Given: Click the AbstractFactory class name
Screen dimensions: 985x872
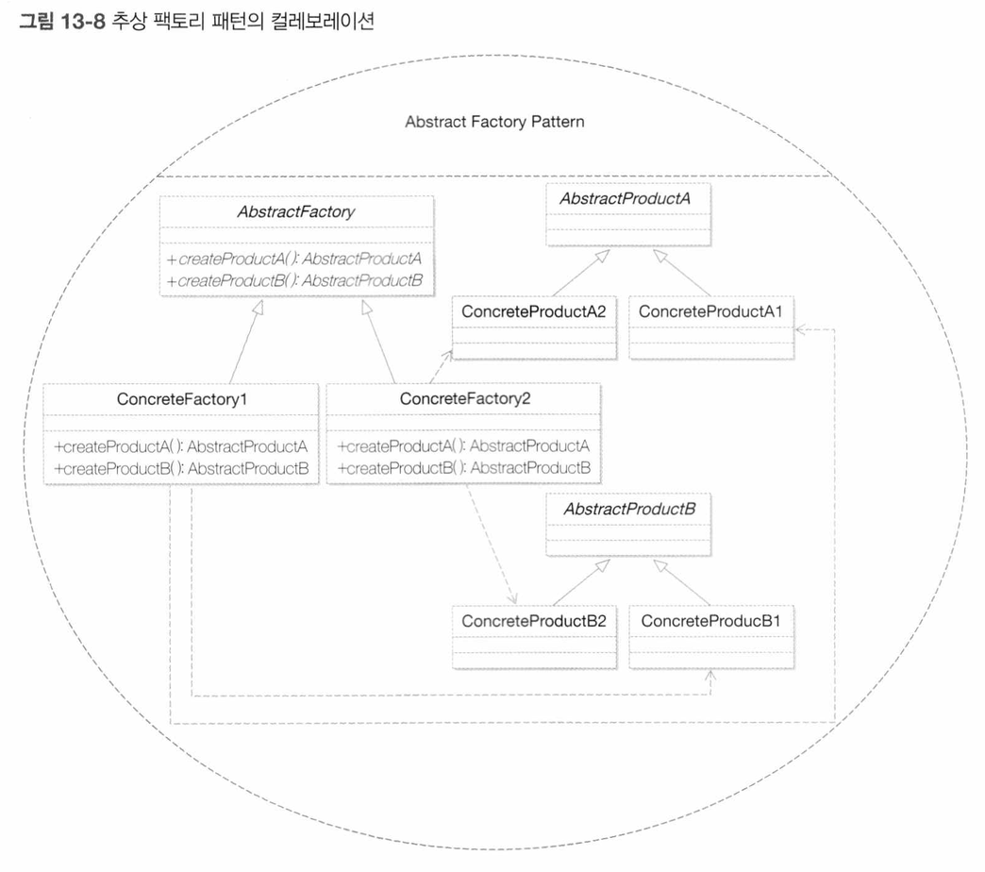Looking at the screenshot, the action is (296, 211).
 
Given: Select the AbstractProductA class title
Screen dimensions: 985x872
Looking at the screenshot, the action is (625, 198).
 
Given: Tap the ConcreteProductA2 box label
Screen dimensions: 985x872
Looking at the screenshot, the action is (534, 311).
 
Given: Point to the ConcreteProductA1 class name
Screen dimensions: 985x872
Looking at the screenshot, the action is (710, 311).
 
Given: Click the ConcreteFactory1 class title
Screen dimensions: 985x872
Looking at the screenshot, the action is (182, 399).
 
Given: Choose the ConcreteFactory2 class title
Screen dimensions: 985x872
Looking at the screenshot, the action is (465, 398).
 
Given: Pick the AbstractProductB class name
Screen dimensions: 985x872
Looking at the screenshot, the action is (629, 509).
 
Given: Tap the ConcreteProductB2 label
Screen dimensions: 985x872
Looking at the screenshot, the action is (534, 621).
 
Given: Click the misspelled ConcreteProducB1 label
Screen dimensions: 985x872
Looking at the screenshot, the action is (710, 621).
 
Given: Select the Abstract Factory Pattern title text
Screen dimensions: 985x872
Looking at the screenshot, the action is (494, 122).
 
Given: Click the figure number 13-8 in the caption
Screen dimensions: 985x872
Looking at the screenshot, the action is (83, 22).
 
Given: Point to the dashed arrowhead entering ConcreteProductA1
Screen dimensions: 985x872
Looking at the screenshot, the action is (800, 329).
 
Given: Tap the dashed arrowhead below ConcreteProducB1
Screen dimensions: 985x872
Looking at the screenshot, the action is (710, 676).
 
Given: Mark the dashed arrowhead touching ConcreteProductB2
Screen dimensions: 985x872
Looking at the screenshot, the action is (512, 598).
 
